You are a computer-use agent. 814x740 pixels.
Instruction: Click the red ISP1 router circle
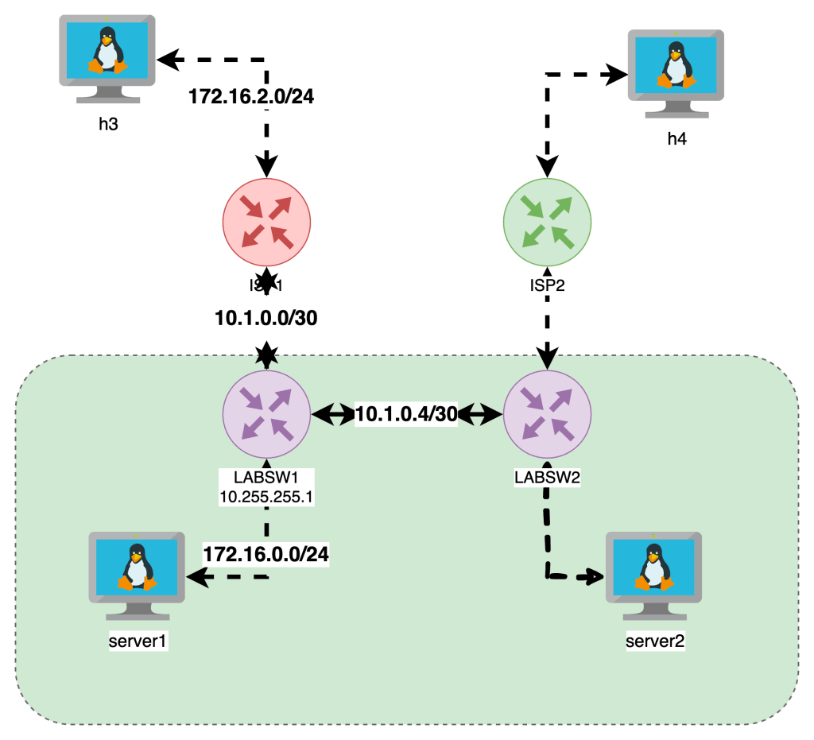coord(266,220)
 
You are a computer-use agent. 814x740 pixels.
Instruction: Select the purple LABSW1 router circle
coord(266,413)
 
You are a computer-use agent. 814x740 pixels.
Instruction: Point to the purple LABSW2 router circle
coord(547,413)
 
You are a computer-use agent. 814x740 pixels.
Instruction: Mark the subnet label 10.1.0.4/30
coord(406,414)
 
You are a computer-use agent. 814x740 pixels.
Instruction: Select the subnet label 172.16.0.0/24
coord(266,554)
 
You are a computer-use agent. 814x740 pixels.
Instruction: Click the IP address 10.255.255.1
coord(266,498)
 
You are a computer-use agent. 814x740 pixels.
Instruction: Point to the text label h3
coord(108,126)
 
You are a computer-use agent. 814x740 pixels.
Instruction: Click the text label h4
coord(676,140)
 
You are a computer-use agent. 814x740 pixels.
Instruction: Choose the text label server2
coord(655,641)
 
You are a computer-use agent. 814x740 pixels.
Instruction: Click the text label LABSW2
coord(548,478)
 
